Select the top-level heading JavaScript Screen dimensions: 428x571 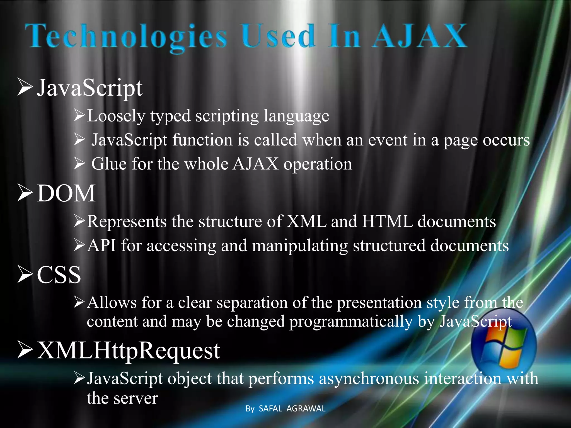point(90,88)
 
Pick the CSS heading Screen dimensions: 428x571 point(59,275)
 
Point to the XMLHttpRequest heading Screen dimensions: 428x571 point(128,351)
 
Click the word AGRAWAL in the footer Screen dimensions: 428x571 point(306,408)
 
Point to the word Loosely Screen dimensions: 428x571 point(116,116)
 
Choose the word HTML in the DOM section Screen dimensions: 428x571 point(387,222)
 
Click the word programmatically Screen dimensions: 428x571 point(351,322)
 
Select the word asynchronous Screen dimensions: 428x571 point(369,379)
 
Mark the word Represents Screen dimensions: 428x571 point(127,222)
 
